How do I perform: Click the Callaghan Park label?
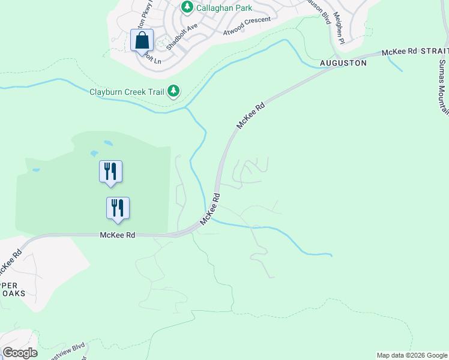coord(225,8)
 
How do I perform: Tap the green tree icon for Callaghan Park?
coord(187,7)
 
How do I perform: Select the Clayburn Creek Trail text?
coord(126,92)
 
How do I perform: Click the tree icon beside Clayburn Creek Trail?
coord(173,91)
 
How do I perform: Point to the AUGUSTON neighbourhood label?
coord(343,62)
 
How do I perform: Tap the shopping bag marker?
coord(142,41)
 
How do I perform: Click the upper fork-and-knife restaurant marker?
coord(110,171)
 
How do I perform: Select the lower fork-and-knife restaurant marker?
coord(118,208)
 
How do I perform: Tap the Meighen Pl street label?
coord(339,27)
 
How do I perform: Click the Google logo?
coord(19,353)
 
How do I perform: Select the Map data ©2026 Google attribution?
coord(412,355)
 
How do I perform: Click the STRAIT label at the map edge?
coord(434,52)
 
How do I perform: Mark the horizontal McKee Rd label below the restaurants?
coord(117,235)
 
